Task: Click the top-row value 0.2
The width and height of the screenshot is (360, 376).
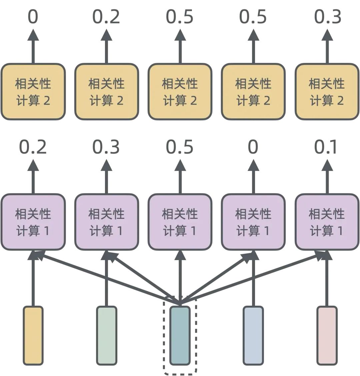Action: click(106, 17)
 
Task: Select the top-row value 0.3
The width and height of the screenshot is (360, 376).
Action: click(327, 17)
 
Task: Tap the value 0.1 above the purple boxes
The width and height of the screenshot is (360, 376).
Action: click(326, 147)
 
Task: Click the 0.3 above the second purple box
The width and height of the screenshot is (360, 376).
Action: click(106, 147)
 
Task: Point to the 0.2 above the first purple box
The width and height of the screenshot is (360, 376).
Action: click(33, 147)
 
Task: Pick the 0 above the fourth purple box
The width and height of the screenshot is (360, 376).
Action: click(253, 147)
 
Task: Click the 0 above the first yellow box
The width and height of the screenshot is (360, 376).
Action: click(33, 17)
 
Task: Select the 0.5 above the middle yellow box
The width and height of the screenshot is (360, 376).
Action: click(180, 17)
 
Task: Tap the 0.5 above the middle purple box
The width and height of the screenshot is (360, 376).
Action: click(180, 147)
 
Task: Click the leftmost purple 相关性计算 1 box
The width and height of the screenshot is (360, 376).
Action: click(33, 222)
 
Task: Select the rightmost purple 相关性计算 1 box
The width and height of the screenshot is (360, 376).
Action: click(327, 222)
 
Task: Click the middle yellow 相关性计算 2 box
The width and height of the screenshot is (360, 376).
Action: click(180, 92)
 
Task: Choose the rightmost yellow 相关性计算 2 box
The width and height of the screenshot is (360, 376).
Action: click(327, 92)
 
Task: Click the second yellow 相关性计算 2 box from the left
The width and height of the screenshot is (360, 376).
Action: click(106, 92)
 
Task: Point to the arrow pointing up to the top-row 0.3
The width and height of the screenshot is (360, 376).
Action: click(327, 47)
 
